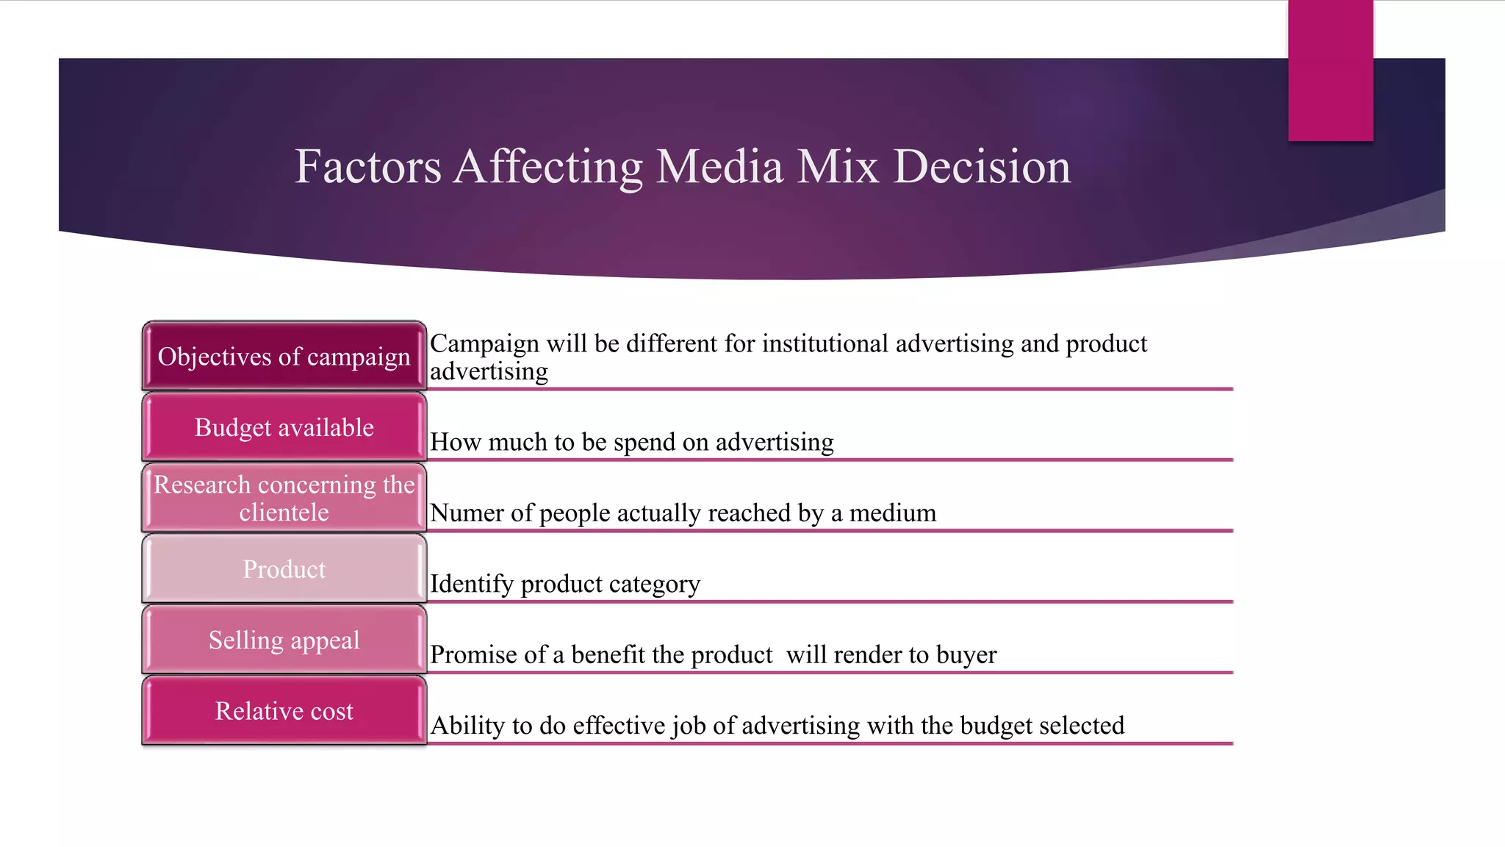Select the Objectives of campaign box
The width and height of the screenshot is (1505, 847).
(284, 356)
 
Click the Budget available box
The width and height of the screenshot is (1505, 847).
(284, 427)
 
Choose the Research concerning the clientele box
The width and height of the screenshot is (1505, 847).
(284, 498)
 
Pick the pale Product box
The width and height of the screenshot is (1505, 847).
(284, 569)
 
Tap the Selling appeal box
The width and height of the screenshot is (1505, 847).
(284, 640)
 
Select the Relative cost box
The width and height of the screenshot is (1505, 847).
(284, 711)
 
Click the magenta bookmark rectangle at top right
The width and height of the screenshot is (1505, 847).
(1330, 70)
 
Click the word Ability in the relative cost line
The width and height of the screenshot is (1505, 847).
(467, 726)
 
